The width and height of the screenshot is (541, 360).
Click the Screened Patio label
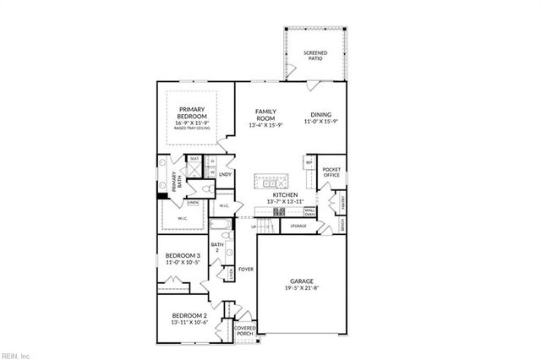tap(315, 57)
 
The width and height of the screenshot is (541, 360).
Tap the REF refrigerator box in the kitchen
tap(309, 162)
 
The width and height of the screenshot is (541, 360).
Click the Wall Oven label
tap(310, 211)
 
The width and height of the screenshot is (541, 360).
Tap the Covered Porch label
tap(244, 330)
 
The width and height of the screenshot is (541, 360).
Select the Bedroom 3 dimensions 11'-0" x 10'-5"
tap(182, 263)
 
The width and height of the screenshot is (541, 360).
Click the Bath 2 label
tap(216, 248)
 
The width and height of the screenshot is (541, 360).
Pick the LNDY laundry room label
tap(226, 174)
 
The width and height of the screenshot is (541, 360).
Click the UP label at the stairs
tap(254, 226)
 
